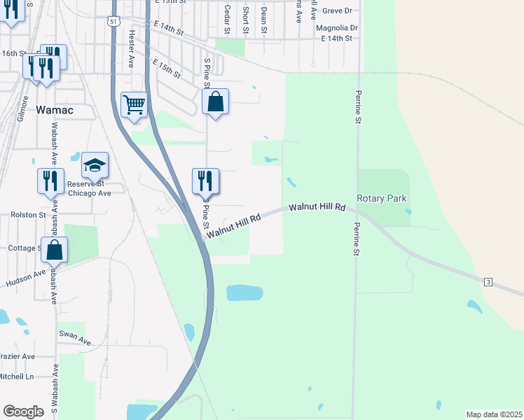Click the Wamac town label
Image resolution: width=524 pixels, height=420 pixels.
point(55,110)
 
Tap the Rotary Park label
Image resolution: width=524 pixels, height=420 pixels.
point(382,199)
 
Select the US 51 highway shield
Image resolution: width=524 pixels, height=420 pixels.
point(113,22)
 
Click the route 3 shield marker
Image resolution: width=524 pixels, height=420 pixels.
point(488,281)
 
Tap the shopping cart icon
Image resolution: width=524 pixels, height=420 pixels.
point(134,105)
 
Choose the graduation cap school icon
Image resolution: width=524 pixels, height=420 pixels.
point(95,165)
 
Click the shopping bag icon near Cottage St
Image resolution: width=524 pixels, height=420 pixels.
point(54,250)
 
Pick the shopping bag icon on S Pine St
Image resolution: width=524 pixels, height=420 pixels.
point(216,101)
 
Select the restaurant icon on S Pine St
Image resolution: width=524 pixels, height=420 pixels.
point(205,181)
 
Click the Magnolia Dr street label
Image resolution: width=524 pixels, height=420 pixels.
point(337,28)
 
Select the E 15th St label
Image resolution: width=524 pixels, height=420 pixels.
point(166,68)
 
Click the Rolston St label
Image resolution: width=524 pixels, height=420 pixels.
point(28,215)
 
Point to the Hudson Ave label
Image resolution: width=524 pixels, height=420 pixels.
point(25,277)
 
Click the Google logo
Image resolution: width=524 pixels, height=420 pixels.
point(23,412)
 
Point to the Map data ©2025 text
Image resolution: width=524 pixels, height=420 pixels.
point(494,414)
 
